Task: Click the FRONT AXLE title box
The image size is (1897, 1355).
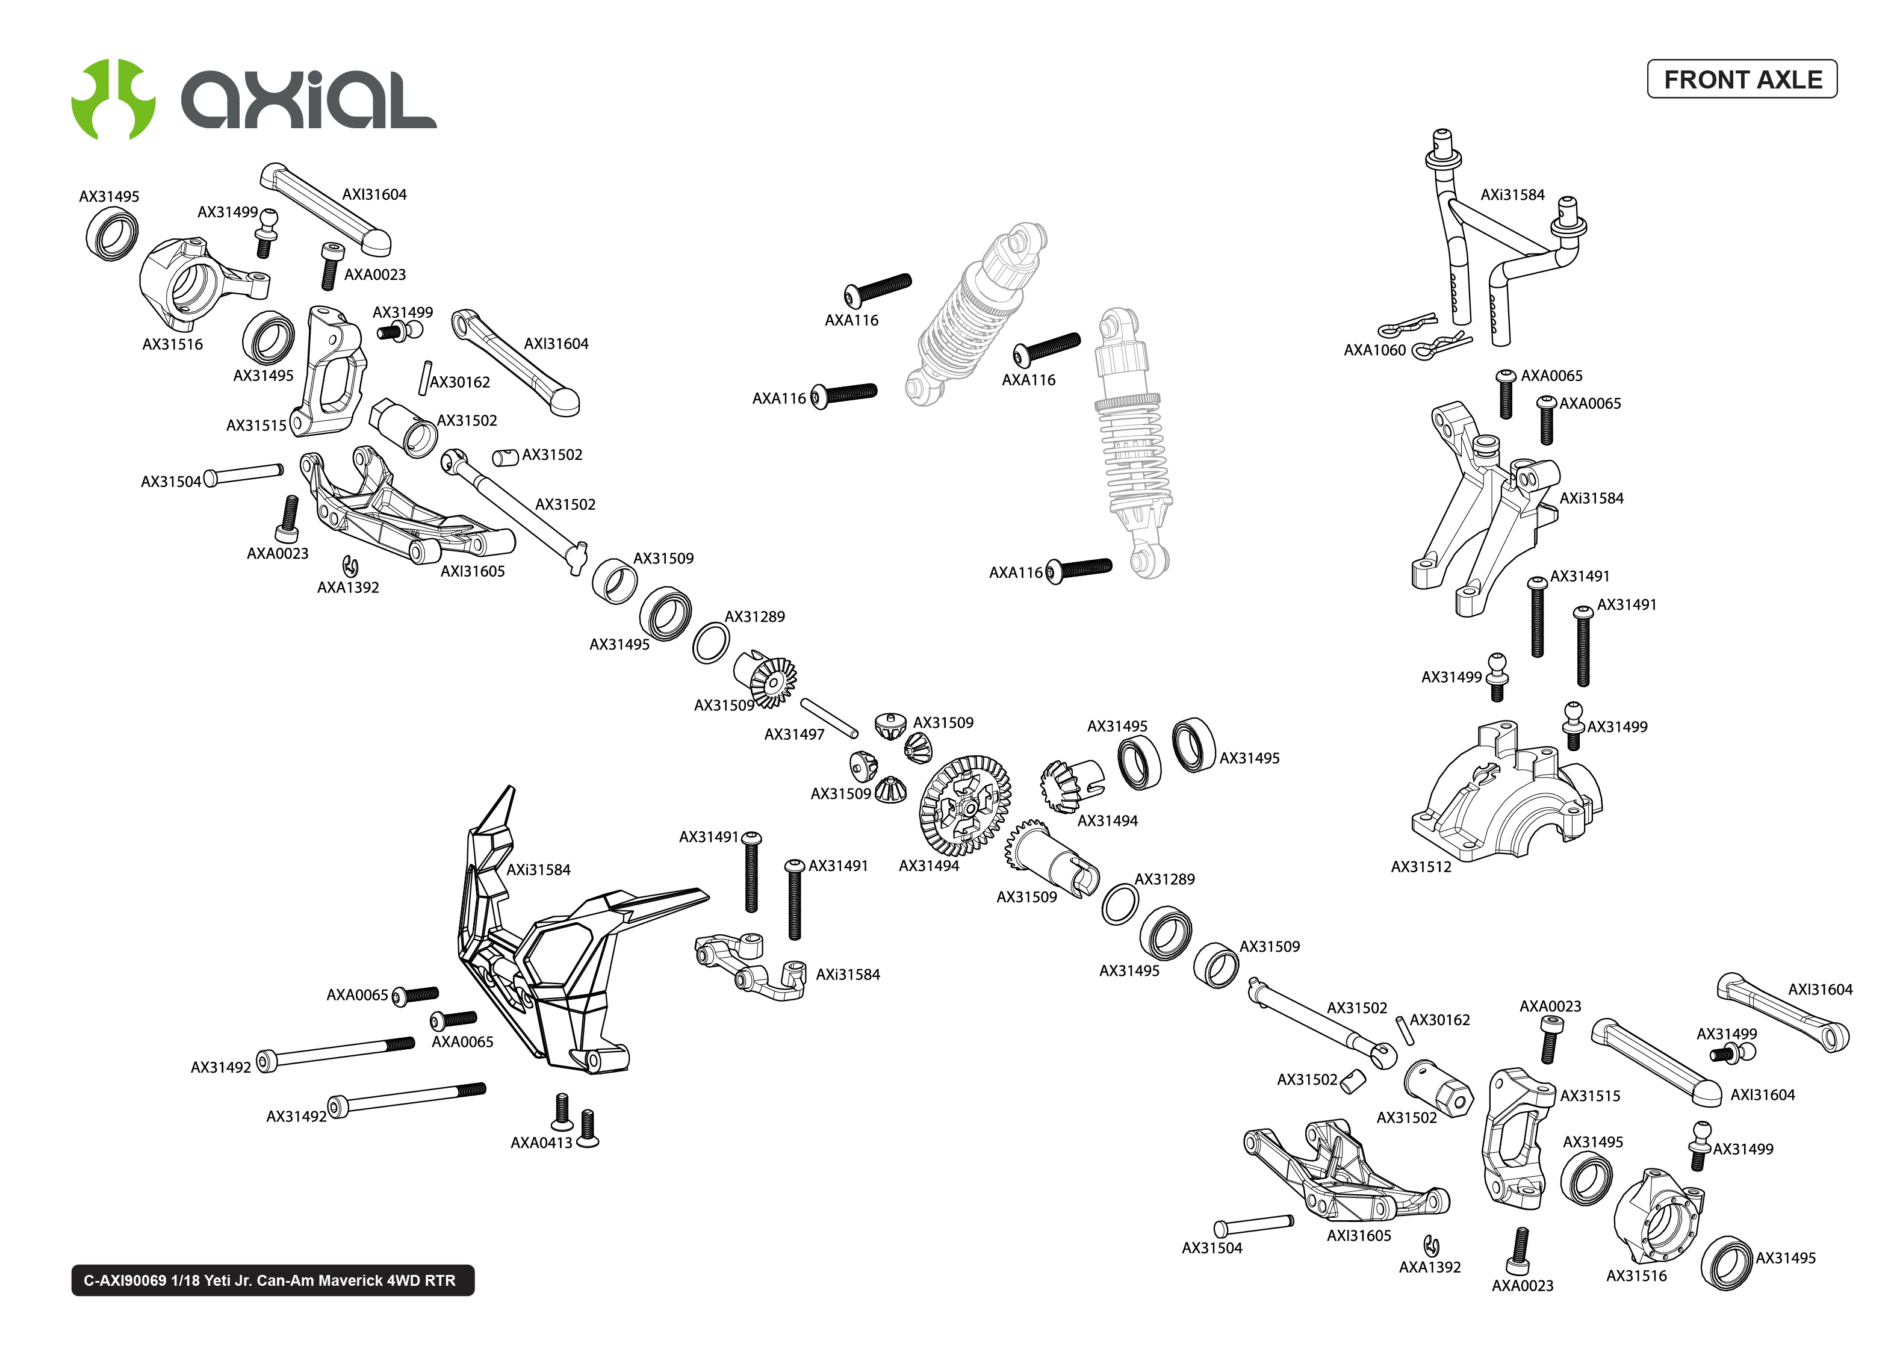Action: pyautogui.click(x=1741, y=79)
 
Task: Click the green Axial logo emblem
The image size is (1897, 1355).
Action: pyautogui.click(x=113, y=99)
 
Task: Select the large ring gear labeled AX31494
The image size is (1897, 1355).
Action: pyautogui.click(x=964, y=805)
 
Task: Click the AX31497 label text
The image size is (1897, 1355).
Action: pyautogui.click(x=793, y=734)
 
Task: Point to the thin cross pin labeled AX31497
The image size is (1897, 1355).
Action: pyautogui.click(x=828, y=718)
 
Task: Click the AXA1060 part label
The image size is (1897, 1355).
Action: pyautogui.click(x=1373, y=350)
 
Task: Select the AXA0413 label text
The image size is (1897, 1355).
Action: pyautogui.click(x=541, y=1143)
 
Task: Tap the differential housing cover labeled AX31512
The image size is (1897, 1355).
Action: pyautogui.click(x=1501, y=801)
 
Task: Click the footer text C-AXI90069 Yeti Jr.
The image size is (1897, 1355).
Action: pyautogui.click(x=270, y=1280)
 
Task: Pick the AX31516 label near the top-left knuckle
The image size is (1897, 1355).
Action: pyautogui.click(x=172, y=344)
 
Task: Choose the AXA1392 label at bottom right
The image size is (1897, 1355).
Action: pyautogui.click(x=1429, y=1267)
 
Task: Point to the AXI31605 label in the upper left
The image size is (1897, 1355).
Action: pyautogui.click(x=472, y=571)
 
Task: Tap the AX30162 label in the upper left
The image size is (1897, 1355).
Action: pyautogui.click(x=460, y=382)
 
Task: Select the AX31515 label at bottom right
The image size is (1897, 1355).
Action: pyautogui.click(x=1589, y=1096)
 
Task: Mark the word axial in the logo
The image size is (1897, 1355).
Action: pyautogui.click(x=309, y=99)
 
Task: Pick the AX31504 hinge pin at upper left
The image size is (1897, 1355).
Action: pyautogui.click(x=244, y=474)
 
